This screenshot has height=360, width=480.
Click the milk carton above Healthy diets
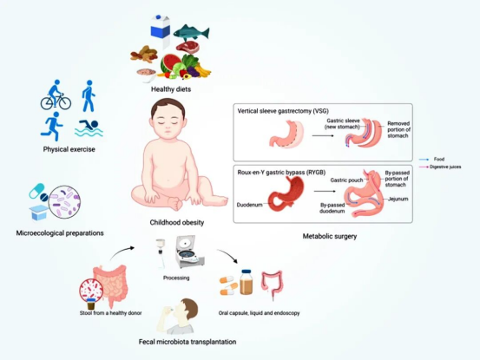(x=161, y=31)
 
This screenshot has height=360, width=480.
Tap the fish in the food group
(x=191, y=32)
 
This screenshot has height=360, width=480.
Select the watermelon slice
(x=170, y=63)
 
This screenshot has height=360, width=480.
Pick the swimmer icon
(x=89, y=128)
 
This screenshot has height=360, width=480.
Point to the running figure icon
(x=52, y=127)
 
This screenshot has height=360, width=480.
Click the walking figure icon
(x=89, y=95)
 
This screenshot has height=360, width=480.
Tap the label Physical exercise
(x=69, y=149)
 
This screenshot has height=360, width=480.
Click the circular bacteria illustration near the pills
(x=64, y=202)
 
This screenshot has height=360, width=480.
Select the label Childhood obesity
(x=176, y=222)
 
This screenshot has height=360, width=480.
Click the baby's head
(x=168, y=120)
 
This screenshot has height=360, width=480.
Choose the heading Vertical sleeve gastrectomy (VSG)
(x=283, y=111)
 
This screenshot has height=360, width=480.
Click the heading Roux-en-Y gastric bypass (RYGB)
(x=281, y=173)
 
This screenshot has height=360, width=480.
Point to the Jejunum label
(x=398, y=199)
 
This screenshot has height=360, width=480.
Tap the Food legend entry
(x=431, y=160)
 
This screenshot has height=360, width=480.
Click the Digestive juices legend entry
(x=440, y=167)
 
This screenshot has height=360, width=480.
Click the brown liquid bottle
(x=247, y=282)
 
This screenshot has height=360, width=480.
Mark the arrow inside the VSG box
(x=323, y=135)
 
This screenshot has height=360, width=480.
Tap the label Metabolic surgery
(x=330, y=236)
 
